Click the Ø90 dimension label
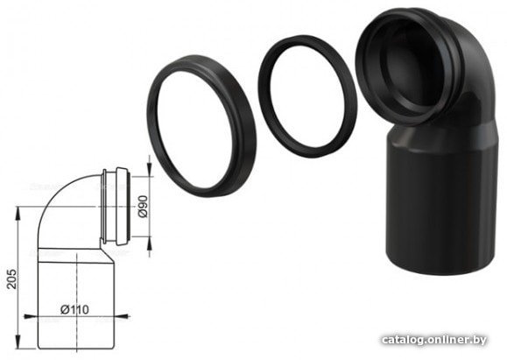click(143, 207)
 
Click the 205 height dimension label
click(11, 279)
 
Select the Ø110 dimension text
click(74, 309)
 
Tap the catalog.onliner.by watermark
click(434, 340)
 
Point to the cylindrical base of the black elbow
click(440, 207)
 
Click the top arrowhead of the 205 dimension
click(18, 212)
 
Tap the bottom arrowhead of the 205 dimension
click(18, 342)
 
